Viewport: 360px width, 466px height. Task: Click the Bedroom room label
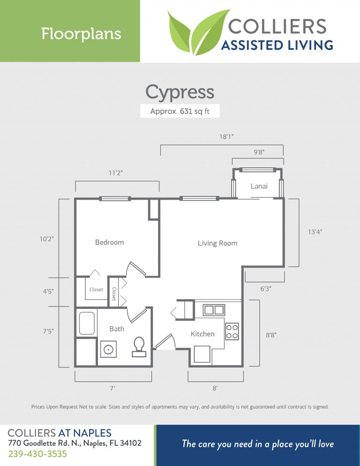tap(109, 242)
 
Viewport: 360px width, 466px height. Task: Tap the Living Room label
tap(217, 243)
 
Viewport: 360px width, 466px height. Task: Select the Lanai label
tap(259, 186)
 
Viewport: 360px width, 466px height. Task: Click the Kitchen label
tap(202, 334)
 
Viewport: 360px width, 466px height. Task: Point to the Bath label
tap(117, 329)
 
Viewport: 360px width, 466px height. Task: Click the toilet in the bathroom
tap(139, 346)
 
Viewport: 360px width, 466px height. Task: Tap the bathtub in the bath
tap(87, 323)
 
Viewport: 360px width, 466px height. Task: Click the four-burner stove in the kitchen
tap(232, 331)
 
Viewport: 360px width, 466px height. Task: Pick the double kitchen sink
tap(213, 310)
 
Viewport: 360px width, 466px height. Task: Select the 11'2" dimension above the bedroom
tap(116, 173)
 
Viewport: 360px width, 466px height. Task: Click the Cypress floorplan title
tap(180, 92)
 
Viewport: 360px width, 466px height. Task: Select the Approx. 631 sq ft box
tap(180, 112)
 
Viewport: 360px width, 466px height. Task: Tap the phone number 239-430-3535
tap(37, 454)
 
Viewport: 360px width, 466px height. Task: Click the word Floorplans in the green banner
tap(81, 34)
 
